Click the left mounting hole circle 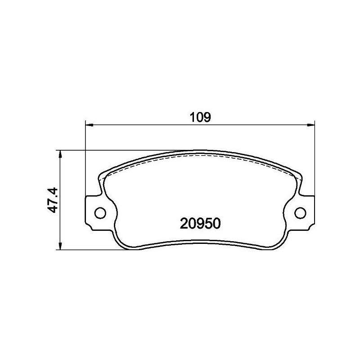click(x=100, y=211)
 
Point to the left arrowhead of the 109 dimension click(x=89, y=124)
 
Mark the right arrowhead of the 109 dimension click(x=311, y=124)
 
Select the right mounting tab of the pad click(x=305, y=211)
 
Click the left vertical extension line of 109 click(x=85, y=157)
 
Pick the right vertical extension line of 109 click(x=314, y=157)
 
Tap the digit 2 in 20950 click(x=184, y=223)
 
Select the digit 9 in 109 click(x=207, y=117)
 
